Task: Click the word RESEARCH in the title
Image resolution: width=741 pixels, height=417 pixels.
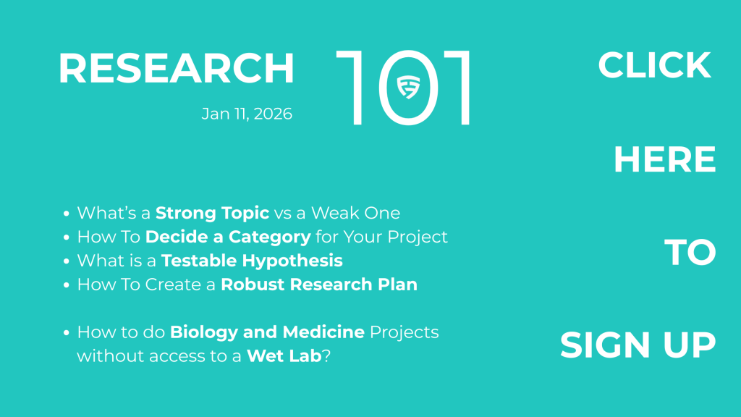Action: [177, 69]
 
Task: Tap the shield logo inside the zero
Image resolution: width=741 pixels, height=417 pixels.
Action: [408, 87]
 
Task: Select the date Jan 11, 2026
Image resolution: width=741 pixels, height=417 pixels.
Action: [247, 114]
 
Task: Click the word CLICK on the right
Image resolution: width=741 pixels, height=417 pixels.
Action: [654, 64]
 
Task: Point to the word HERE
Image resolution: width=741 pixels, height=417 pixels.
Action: [665, 159]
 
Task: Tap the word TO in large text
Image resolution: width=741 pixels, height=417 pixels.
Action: [690, 252]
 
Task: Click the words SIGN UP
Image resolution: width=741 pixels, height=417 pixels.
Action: [638, 345]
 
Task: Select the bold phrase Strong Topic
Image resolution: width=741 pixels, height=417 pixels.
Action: [212, 214]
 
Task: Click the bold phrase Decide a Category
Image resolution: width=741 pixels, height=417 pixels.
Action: [228, 237]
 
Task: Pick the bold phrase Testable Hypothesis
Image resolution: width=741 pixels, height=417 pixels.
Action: [252, 261]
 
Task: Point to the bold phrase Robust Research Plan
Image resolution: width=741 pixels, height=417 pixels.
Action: [319, 284]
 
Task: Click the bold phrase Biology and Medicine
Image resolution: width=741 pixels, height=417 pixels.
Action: [267, 332]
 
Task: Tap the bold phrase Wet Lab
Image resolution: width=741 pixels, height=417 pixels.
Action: [284, 355]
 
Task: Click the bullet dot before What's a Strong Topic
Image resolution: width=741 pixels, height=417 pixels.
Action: [66, 214]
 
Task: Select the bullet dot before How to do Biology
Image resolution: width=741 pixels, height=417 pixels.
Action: [66, 332]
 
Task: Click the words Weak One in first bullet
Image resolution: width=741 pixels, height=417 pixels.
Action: [355, 214]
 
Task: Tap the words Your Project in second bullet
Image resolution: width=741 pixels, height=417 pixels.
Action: [396, 237]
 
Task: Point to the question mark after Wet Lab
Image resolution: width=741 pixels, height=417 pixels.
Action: [326, 355]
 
